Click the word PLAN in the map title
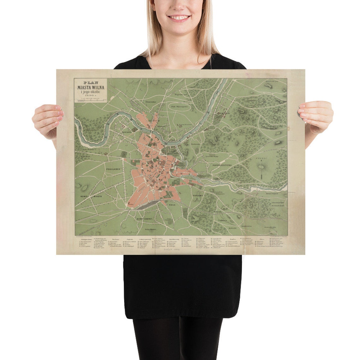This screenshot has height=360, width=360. pyautogui.click(x=91, y=82)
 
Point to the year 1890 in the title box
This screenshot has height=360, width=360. pyautogui.click(x=91, y=96)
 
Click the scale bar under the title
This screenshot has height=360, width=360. pyautogui.click(x=91, y=101)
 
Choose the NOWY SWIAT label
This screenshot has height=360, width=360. pyautogui.click(x=145, y=219)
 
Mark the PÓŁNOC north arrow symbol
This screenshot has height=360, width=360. pyautogui.click(x=261, y=166)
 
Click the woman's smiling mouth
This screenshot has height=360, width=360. pyautogui.click(x=179, y=17)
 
